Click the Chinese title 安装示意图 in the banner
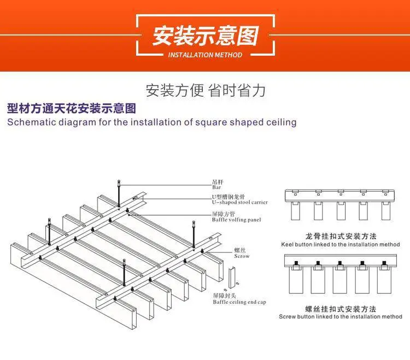click(x=206, y=36)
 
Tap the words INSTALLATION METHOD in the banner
click(x=205, y=55)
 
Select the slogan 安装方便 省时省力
click(x=206, y=90)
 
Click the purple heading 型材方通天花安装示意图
click(x=72, y=108)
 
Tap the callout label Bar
click(x=216, y=187)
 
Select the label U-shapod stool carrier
click(x=240, y=202)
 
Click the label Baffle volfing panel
click(x=236, y=220)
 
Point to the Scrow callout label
click(x=242, y=256)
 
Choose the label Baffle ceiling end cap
click(x=239, y=302)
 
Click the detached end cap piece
click(x=232, y=278)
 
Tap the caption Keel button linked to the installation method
click(x=341, y=245)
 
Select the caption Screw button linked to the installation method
click(x=341, y=317)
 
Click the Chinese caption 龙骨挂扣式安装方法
click(x=341, y=237)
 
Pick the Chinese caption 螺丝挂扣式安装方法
click(x=341, y=309)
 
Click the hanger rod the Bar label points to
click(x=119, y=193)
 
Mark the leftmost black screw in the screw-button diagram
click(x=296, y=263)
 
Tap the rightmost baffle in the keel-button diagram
click(x=386, y=211)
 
